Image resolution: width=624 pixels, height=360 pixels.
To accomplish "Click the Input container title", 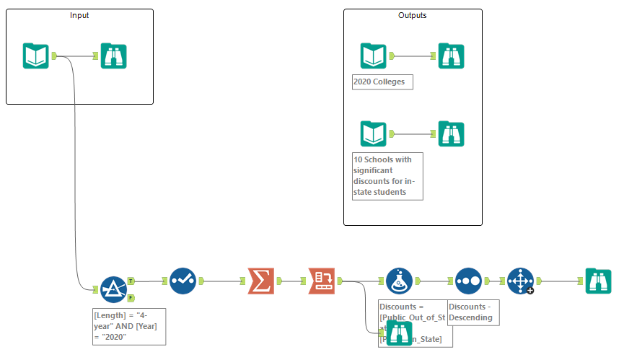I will [80, 15].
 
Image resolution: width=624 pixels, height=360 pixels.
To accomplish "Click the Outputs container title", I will [412, 15].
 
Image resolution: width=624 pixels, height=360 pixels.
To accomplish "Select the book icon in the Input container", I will [35, 56].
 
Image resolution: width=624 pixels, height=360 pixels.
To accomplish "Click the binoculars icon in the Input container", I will [114, 56].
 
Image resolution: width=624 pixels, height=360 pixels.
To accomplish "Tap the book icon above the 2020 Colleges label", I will [373, 56].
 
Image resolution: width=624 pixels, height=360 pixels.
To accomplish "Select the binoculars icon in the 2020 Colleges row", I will [452, 56].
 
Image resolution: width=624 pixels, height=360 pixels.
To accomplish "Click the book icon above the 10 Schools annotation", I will [373, 133].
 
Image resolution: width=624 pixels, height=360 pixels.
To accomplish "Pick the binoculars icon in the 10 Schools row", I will [452, 133].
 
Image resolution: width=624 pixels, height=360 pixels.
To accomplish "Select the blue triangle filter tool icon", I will [113, 289].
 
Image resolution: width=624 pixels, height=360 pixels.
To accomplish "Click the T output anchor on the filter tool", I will [131, 281].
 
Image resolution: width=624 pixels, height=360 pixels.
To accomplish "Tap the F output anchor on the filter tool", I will [131, 297].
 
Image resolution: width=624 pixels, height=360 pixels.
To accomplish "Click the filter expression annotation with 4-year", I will [128, 326].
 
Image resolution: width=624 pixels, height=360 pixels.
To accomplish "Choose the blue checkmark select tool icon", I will [183, 281].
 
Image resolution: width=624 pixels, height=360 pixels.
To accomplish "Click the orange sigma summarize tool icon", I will [260, 281].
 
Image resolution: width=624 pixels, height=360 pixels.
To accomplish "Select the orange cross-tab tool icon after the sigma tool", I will [322, 281].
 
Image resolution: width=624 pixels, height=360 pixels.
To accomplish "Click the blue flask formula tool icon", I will [398, 281].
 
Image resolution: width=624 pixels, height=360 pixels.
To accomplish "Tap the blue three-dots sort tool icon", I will [468, 281].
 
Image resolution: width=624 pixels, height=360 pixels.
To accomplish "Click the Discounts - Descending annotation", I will [473, 312].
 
